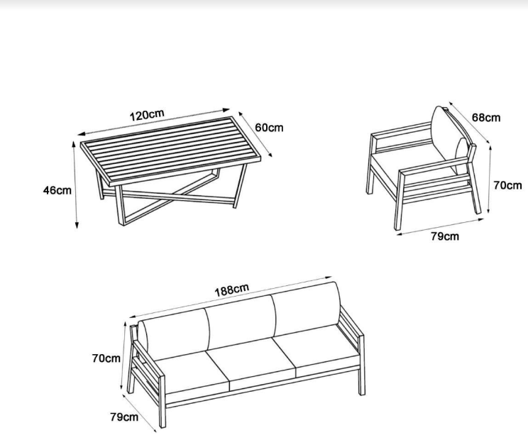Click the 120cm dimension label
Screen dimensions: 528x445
[x=147, y=114]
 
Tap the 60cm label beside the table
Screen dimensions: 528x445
[x=269, y=128]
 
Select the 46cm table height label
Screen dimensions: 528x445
[x=57, y=190]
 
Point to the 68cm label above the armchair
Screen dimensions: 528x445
[x=486, y=118]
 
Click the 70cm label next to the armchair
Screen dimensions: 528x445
[x=508, y=185]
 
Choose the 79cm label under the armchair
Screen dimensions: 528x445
[x=445, y=236]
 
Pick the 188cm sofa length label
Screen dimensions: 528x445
[x=232, y=290]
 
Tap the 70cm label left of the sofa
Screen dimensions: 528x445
[x=106, y=358]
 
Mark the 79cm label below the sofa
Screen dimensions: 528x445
[x=124, y=417]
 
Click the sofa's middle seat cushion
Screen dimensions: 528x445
[x=251, y=366]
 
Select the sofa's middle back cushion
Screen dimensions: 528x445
[x=241, y=322]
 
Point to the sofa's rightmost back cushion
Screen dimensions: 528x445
[x=307, y=308]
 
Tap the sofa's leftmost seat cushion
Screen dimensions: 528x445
[x=190, y=374]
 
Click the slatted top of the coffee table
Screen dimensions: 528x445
[x=171, y=151]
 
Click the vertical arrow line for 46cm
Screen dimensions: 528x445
[x=75, y=185]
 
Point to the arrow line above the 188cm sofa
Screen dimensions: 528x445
[x=231, y=297]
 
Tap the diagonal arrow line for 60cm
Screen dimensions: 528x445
[x=255, y=134]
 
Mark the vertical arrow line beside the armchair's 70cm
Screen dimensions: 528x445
[x=489, y=179]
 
